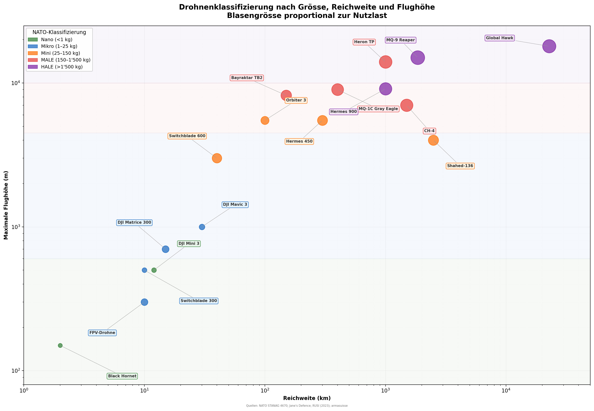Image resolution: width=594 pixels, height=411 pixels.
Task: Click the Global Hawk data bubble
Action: [x=549, y=46]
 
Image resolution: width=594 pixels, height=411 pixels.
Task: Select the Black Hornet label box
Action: [x=122, y=376]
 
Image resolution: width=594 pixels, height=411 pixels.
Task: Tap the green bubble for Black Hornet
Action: [x=60, y=345]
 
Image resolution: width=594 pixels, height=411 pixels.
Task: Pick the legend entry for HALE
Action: [x=62, y=67]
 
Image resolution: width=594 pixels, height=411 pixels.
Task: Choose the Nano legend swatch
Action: [x=33, y=40]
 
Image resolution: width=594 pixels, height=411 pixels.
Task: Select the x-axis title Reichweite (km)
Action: [x=307, y=398]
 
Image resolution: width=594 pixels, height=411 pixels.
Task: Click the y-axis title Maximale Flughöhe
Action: [x=6, y=205]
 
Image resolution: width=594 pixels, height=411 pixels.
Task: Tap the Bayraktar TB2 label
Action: [x=247, y=78]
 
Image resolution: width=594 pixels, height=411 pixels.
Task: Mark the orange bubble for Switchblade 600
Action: [x=217, y=158]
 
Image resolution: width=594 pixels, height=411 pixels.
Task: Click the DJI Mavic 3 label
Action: [x=235, y=204]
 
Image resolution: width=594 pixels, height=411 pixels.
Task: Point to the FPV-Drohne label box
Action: [x=102, y=333]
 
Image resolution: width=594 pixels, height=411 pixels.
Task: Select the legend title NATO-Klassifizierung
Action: [x=59, y=32]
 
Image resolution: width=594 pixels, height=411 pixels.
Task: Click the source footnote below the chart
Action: [x=297, y=406]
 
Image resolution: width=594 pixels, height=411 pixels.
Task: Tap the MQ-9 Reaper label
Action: [x=400, y=40]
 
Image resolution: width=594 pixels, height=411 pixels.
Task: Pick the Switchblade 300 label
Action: [x=199, y=301]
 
